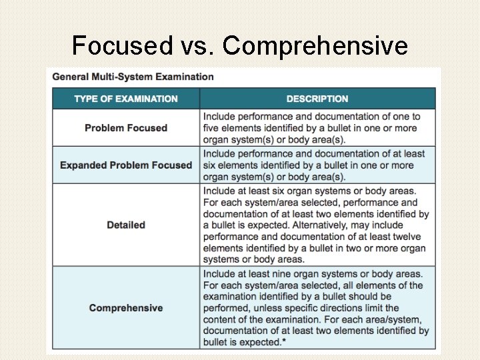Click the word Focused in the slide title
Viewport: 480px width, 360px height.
121,45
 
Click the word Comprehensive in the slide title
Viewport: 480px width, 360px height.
315,45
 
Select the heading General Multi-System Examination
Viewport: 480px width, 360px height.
133,77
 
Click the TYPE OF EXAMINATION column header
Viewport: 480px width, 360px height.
126,99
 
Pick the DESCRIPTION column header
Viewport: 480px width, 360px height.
317,99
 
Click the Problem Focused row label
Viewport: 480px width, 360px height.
126,127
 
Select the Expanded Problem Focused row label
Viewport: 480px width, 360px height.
126,165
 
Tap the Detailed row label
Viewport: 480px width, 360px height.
126,225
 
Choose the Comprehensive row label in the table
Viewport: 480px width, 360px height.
126,308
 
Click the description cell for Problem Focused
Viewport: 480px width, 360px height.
317,127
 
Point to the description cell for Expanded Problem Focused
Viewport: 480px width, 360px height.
317,165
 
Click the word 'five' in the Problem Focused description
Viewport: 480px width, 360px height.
213,128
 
